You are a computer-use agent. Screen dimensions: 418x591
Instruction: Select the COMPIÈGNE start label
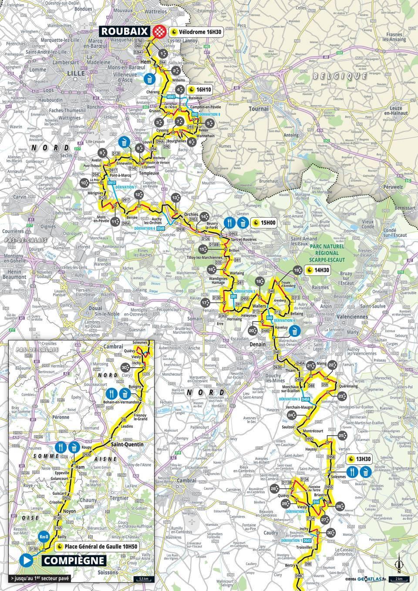[74, 560]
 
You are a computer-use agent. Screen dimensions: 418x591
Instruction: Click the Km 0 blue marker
[44, 537]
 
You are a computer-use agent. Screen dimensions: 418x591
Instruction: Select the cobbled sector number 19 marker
[297, 270]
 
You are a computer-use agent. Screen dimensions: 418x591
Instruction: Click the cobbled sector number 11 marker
[115, 222]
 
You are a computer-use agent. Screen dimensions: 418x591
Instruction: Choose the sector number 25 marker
[342, 436]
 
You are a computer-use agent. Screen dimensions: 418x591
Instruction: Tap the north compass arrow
[397, 566]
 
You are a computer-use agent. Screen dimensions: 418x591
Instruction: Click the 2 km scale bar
[398, 578]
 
